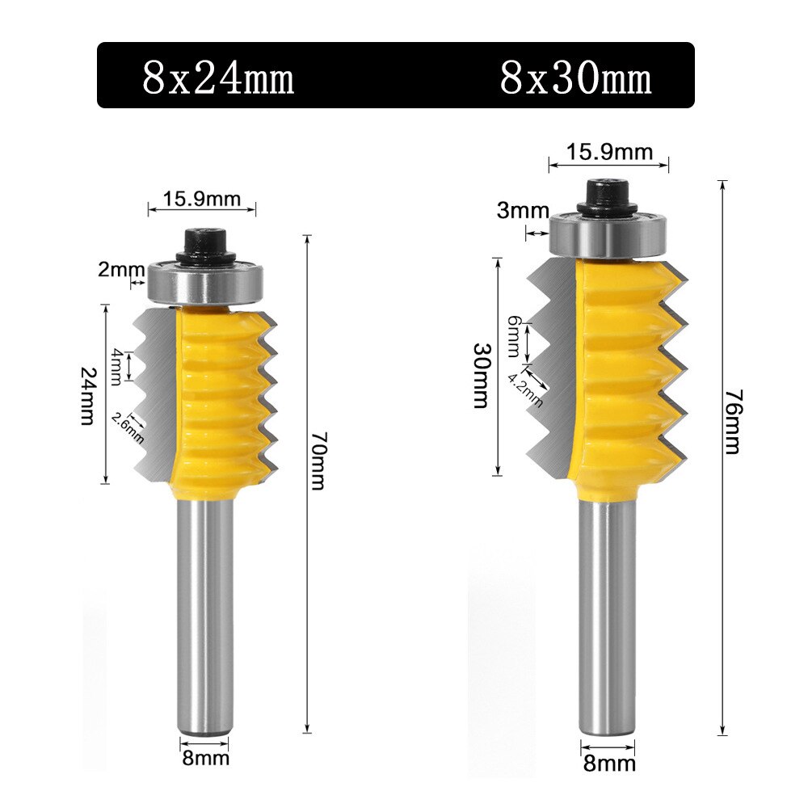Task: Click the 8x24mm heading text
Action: tap(218, 78)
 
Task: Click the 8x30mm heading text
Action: tap(575, 78)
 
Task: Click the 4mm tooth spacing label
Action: tap(116, 364)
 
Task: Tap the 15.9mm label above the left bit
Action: tap(201, 196)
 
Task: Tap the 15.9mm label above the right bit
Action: tap(608, 151)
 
